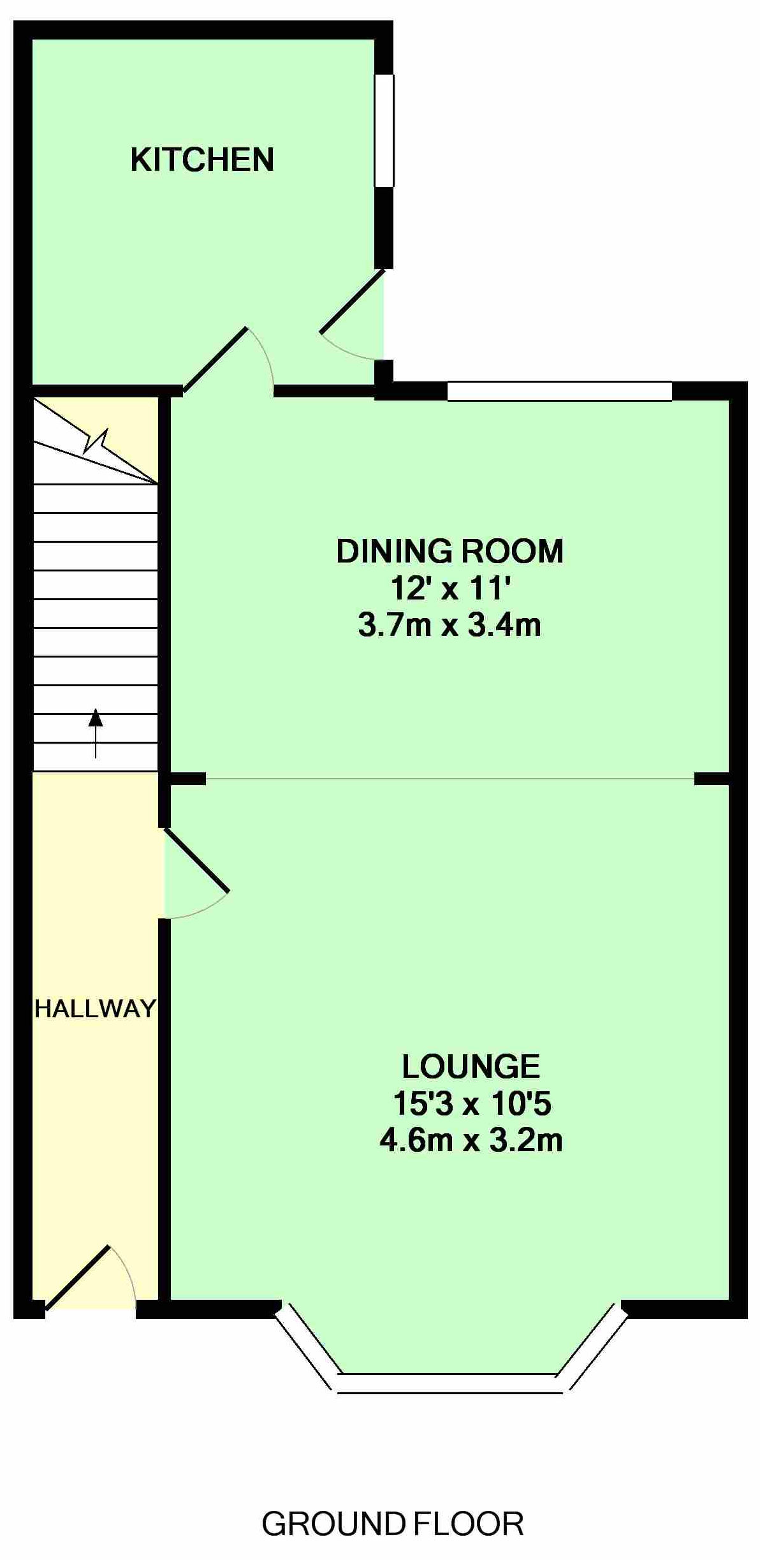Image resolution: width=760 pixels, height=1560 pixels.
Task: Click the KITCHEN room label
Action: tap(202, 159)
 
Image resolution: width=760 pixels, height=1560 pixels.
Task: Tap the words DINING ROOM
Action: tap(450, 552)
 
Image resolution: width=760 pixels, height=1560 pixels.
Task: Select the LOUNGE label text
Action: tap(471, 1066)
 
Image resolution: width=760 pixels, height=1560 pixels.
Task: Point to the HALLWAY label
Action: tap(95, 1008)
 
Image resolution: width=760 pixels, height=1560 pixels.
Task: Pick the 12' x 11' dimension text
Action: tap(451, 589)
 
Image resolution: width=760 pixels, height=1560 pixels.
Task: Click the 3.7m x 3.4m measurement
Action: tap(450, 625)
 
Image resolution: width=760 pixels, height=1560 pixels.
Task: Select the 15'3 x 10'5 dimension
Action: tap(471, 1103)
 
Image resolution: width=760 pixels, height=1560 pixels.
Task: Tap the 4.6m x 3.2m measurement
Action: tap(471, 1140)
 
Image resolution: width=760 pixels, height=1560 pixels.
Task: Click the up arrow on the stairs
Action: tap(96, 733)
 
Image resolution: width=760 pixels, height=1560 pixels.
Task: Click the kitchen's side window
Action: tap(384, 131)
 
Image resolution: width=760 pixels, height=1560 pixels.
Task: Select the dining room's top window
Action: tap(560, 391)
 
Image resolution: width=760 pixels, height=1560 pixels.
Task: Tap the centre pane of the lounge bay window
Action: tap(450, 1378)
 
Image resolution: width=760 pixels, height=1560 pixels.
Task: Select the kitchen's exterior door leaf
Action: tap(353, 302)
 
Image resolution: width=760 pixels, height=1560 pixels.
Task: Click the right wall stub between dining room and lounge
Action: tap(712, 778)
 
